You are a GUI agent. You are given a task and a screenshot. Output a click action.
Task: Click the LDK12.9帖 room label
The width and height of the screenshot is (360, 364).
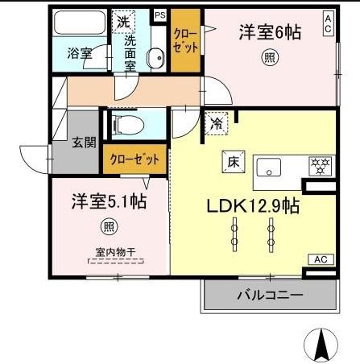click(x=252, y=205)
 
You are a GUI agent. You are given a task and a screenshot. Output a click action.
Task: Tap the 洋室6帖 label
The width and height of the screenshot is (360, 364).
click(x=269, y=33)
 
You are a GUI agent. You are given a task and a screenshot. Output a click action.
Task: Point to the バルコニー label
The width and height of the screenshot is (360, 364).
click(x=270, y=296)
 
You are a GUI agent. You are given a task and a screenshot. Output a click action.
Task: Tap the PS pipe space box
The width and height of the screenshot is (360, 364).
click(x=159, y=14)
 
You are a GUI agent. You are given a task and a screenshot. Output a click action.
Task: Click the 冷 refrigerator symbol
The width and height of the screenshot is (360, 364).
click(x=217, y=123)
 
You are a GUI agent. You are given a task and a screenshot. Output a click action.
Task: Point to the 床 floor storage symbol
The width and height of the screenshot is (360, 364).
click(x=230, y=159)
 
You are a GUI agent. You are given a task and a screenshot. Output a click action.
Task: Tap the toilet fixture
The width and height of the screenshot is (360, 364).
click(x=128, y=125)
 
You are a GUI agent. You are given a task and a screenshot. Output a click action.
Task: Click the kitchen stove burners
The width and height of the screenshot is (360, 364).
click(x=321, y=167)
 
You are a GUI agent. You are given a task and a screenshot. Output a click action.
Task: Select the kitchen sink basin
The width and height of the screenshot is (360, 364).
click(x=268, y=168)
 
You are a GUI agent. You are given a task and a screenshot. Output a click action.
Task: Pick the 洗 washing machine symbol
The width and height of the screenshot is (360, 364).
click(x=122, y=22)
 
